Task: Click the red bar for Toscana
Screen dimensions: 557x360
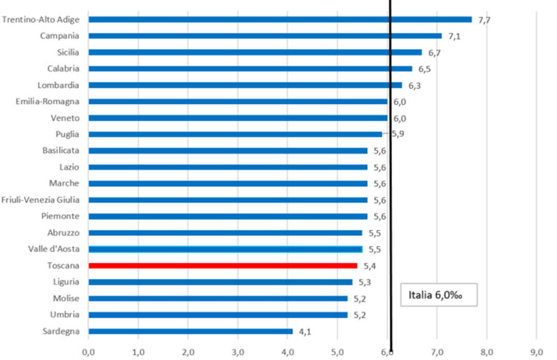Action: click(222, 265)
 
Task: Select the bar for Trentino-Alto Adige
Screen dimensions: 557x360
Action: click(280, 20)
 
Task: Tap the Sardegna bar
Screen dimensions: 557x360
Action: click(190, 331)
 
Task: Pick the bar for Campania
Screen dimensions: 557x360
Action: click(265, 36)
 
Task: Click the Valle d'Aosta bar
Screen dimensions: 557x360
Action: click(225, 249)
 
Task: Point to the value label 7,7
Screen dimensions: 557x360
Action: click(484, 20)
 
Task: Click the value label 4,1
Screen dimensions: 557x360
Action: click(305, 332)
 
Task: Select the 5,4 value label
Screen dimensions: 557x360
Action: click(370, 266)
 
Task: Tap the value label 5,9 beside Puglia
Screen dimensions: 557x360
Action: click(398, 134)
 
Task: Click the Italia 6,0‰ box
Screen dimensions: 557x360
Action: click(439, 294)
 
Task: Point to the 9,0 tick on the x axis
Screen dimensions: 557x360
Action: click(536, 352)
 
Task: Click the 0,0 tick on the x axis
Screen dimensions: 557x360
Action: click(88, 352)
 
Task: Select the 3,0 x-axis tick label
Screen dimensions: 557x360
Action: click(237, 352)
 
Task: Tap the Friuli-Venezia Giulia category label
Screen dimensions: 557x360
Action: click(40, 200)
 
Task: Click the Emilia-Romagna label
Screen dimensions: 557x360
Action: click(47, 102)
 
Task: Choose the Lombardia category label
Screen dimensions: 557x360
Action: click(58, 85)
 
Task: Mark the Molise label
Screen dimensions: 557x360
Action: click(66, 298)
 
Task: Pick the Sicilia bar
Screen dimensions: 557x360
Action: click(255, 52)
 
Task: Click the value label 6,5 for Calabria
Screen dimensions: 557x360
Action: click(424, 69)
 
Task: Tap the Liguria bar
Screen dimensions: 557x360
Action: click(220, 282)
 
